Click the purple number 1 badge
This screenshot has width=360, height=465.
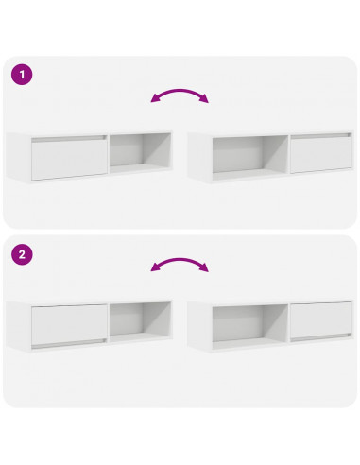(x=19, y=75)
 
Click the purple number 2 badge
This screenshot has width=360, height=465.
(x=19, y=253)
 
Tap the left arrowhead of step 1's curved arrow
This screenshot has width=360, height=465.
(x=155, y=101)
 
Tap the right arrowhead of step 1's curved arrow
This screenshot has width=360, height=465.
(x=205, y=101)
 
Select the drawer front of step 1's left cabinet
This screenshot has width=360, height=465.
(x=69, y=159)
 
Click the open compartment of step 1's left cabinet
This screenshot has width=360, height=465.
(x=139, y=154)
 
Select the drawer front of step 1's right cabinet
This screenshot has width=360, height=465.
(x=319, y=154)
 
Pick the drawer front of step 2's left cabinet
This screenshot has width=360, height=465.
(x=69, y=322)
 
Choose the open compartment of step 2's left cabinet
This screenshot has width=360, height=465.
(x=139, y=321)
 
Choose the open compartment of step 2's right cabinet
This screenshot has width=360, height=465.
(x=249, y=322)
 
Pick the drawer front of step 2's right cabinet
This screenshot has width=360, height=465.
(x=319, y=321)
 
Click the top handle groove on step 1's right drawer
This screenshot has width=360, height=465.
(x=319, y=138)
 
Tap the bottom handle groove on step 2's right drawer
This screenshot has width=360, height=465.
(x=319, y=337)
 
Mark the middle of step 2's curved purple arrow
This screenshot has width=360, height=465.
(x=180, y=262)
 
